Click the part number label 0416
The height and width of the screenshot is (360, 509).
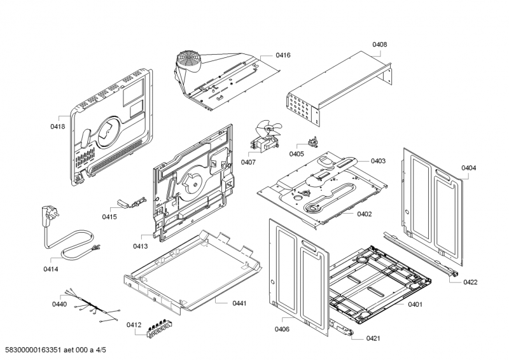click(x=282, y=56)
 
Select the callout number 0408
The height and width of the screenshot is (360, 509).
click(x=379, y=45)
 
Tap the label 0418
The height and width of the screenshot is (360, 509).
click(x=58, y=127)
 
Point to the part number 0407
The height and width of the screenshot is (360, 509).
click(x=248, y=162)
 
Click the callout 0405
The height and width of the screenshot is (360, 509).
click(x=296, y=154)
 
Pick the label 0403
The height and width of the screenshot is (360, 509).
click(x=378, y=161)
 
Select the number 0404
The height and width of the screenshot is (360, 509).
click(x=468, y=168)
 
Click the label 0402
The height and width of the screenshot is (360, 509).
click(x=364, y=214)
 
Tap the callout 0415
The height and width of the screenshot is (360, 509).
click(x=109, y=217)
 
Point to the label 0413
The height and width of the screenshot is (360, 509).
click(x=141, y=246)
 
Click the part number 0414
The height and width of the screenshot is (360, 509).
click(x=51, y=269)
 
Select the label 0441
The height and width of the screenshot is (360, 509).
click(x=239, y=303)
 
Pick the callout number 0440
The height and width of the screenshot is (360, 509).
click(x=59, y=305)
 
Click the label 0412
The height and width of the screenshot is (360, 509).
click(x=134, y=325)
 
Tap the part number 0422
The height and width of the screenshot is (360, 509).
click(x=470, y=282)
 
